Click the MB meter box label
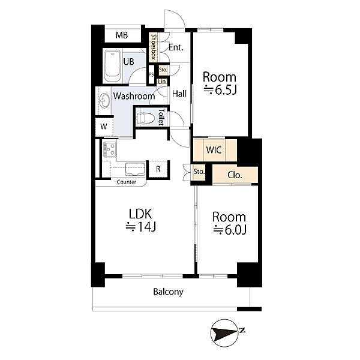click(x=122, y=35)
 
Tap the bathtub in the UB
click(x=112, y=67)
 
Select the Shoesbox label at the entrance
click(x=154, y=47)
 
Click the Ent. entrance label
click(x=176, y=47)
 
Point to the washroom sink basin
click(x=104, y=100)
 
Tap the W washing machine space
click(x=104, y=127)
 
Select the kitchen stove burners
click(x=110, y=149)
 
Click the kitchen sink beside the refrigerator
click(x=135, y=169)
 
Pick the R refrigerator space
click(x=158, y=169)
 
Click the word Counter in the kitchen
click(x=127, y=182)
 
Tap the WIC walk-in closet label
click(x=214, y=150)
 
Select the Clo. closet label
click(x=235, y=175)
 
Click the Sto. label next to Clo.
click(x=199, y=172)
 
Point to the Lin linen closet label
click(x=162, y=82)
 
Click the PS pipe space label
click(x=151, y=74)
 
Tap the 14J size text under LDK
click(x=141, y=227)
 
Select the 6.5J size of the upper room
click(x=220, y=90)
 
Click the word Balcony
click(x=168, y=292)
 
